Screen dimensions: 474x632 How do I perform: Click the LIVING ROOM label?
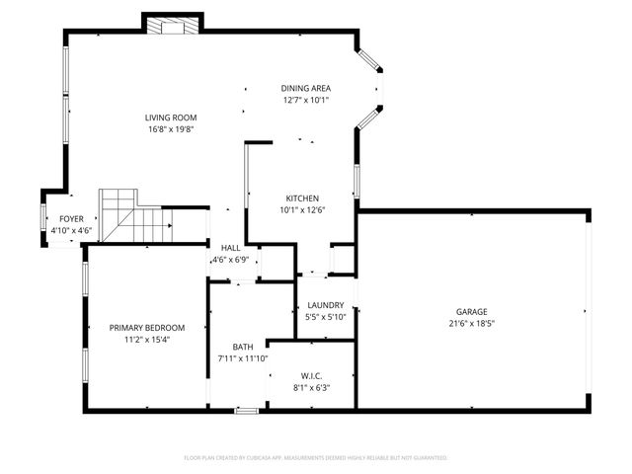[x=172, y=118]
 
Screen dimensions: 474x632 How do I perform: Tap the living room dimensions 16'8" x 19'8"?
[x=172, y=128]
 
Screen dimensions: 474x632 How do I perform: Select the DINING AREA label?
[x=306, y=89]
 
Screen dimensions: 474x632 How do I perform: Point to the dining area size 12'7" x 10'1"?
[x=306, y=100]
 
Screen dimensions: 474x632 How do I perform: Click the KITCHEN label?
[x=301, y=197]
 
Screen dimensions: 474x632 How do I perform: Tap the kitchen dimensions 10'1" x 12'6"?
[x=301, y=209]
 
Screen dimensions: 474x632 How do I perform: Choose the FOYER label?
[x=71, y=219]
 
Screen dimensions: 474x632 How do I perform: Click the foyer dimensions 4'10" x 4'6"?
[x=71, y=230]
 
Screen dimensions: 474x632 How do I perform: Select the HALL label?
[x=230, y=248]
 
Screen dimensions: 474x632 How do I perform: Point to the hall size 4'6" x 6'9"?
[x=230, y=260]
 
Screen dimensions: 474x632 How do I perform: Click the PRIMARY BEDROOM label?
[x=147, y=328]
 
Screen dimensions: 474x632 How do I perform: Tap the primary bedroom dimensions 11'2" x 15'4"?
[x=147, y=340]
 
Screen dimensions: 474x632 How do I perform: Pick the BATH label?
[x=243, y=347]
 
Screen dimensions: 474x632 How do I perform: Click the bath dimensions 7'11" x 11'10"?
[x=243, y=358]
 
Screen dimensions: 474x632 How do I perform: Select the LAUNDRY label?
[x=325, y=306]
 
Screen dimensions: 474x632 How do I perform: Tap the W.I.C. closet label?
[x=312, y=375]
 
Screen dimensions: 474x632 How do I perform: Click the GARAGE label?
[x=471, y=312]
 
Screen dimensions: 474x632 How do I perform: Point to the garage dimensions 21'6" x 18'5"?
[x=471, y=323]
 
